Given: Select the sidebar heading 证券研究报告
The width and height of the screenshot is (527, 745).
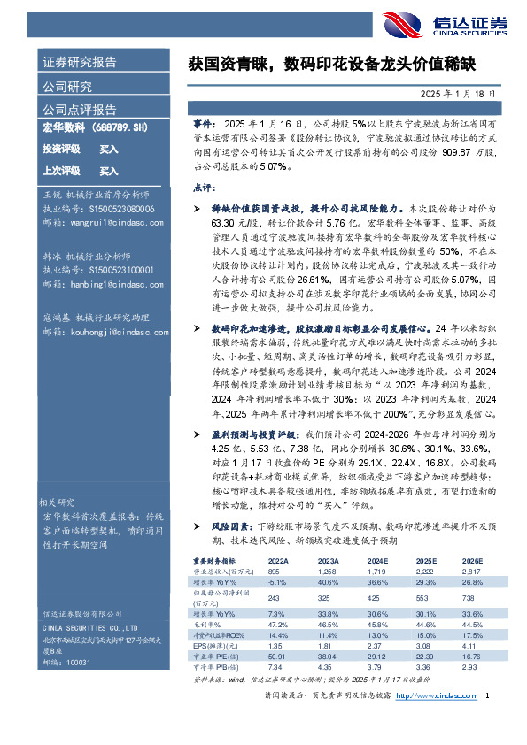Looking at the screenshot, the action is tap(80, 62).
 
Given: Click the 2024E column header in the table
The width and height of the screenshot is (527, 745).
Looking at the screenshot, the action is tap(353, 562).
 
